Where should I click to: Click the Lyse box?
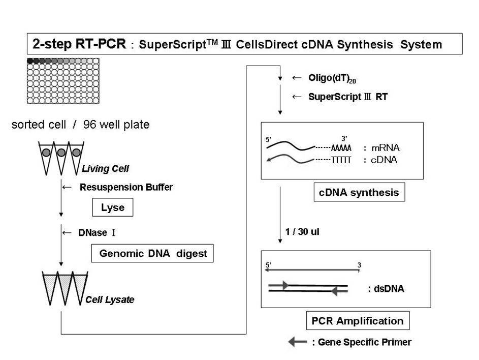(113, 207)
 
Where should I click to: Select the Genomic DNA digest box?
(152, 253)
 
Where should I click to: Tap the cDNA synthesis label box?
(359, 192)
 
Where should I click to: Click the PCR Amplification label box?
(358, 320)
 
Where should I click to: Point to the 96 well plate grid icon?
(63, 81)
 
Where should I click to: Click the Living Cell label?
(105, 168)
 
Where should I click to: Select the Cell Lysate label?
(110, 299)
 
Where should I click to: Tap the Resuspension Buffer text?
(126, 187)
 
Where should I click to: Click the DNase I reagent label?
(97, 232)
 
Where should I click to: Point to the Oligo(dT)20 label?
(332, 78)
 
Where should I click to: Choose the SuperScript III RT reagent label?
(348, 97)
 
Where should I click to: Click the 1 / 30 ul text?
(302, 231)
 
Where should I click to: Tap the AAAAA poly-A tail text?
(341, 148)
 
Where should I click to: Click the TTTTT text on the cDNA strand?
(341, 160)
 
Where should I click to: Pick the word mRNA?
(385, 148)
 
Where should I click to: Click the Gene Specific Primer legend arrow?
(298, 342)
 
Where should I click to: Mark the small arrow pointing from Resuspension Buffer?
(67, 187)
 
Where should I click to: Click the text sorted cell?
(39, 125)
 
